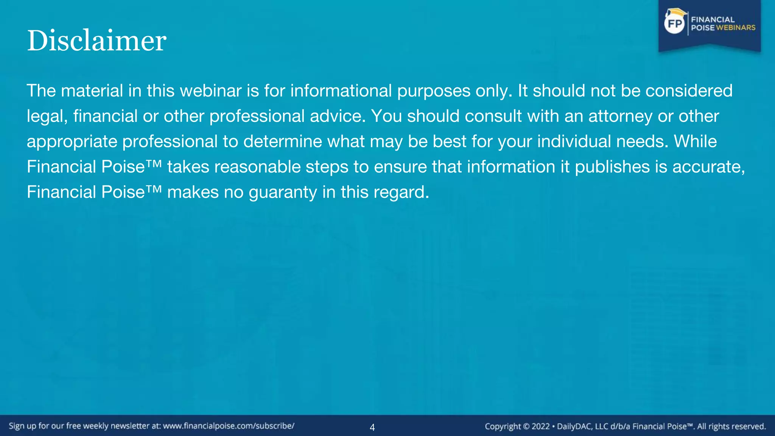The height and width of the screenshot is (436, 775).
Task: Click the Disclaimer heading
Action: pos(96,40)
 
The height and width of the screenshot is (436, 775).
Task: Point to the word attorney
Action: pos(620,116)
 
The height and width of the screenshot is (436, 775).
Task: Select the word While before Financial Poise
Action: pos(695,142)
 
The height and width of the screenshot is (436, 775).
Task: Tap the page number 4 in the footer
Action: pos(372,427)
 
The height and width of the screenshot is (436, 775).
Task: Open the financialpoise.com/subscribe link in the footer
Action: pos(229,426)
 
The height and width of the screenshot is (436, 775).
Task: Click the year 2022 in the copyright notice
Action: pos(540,426)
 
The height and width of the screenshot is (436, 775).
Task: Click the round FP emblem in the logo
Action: pos(674,24)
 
